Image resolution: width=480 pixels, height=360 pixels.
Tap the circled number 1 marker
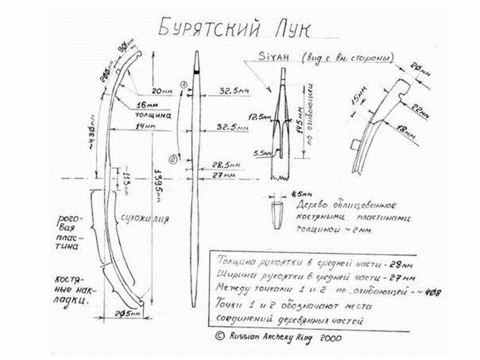184,84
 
